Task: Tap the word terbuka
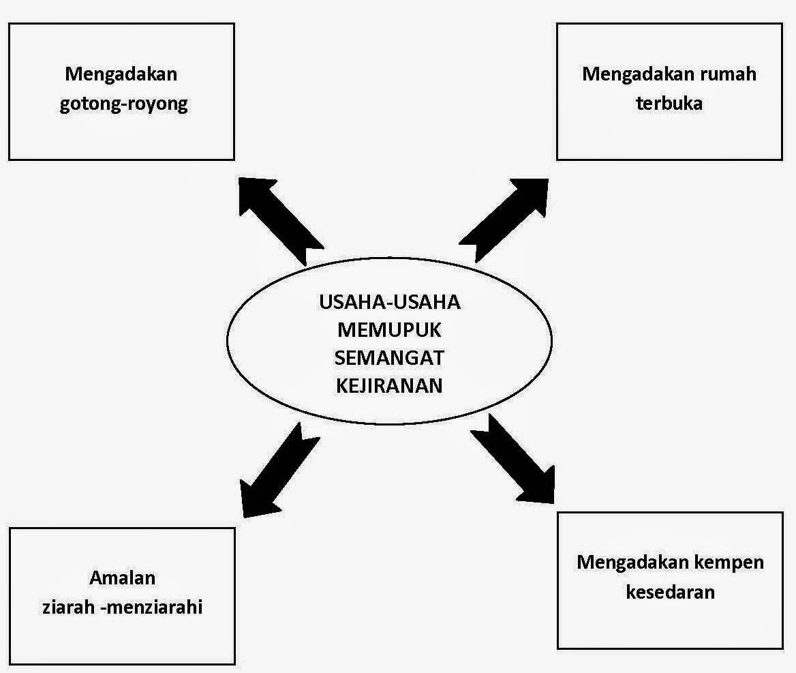pos(669,103)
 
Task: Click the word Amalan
pos(123,578)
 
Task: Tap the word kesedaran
pos(670,590)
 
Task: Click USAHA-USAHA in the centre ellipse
pos(389,302)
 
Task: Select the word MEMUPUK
pos(389,330)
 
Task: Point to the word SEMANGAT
pos(389,357)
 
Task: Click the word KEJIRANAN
pos(389,385)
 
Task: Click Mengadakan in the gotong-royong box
pos(121,74)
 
